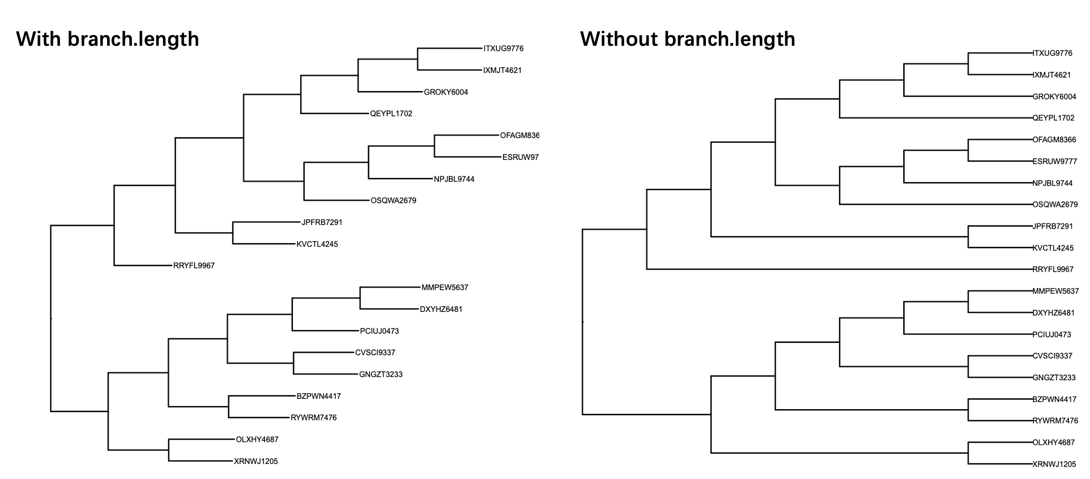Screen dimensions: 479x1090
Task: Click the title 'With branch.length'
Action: [x=108, y=39]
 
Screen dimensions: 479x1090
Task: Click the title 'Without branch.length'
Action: [x=687, y=39]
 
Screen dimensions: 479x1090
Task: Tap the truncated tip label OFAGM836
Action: [x=520, y=136]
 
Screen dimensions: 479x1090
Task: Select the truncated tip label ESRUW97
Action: [x=521, y=157]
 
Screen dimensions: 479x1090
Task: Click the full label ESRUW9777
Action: [x=1055, y=161]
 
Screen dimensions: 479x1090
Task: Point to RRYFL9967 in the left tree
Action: [x=194, y=266]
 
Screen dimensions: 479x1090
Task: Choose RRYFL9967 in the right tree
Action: [x=1053, y=270]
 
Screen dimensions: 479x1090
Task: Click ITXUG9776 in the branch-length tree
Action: [x=504, y=49]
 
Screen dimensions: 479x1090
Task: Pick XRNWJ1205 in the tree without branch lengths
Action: [x=1054, y=465]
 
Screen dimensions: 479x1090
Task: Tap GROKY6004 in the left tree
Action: [x=446, y=93]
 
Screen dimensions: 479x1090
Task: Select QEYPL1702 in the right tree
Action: [x=1053, y=118]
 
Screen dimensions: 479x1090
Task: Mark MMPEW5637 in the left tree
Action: [x=445, y=288]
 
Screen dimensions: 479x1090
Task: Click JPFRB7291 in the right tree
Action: [x=1053, y=227]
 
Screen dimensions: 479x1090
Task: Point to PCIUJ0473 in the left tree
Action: [x=379, y=331]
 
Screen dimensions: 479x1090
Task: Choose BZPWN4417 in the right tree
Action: [x=1054, y=399]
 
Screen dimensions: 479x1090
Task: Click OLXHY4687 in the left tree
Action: [x=257, y=440]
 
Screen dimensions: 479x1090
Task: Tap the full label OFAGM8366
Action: [x=1054, y=140]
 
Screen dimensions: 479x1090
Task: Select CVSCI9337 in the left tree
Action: [x=375, y=353]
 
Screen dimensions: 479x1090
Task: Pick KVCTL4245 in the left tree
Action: [x=317, y=244]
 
